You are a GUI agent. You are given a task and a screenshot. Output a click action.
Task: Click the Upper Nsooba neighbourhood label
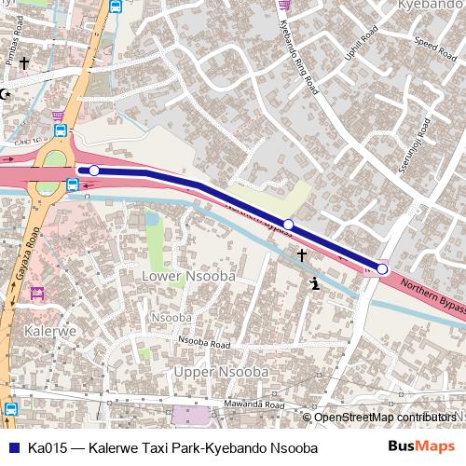click(222, 372)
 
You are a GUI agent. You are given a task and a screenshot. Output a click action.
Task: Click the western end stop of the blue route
click(93, 171)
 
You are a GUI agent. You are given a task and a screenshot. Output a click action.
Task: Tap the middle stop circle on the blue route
click(288, 225)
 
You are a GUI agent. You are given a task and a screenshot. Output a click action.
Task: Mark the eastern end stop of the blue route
click(382, 269)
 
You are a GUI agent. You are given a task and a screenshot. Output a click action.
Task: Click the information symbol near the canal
click(316, 283)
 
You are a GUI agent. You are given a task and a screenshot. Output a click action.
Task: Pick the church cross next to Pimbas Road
click(23, 64)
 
